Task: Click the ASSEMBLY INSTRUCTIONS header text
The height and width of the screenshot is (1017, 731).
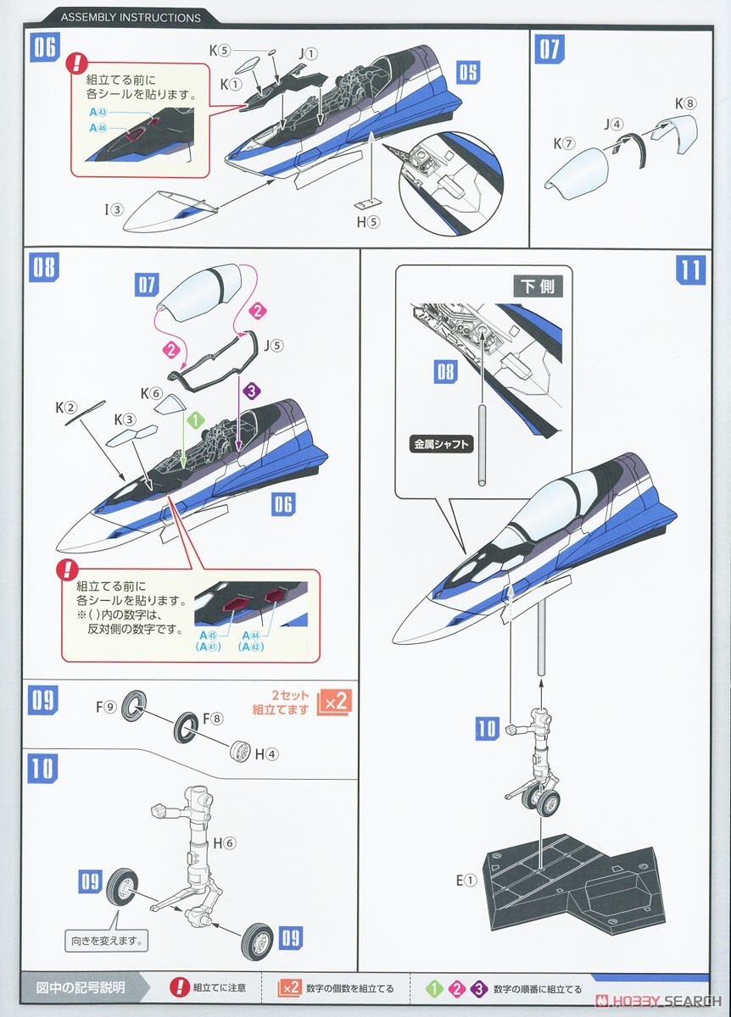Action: click(x=131, y=17)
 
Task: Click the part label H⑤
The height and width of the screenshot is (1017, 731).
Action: click(x=369, y=223)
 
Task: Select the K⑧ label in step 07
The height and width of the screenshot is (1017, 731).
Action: click(x=685, y=103)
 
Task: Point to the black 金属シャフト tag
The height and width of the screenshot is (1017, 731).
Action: click(x=441, y=443)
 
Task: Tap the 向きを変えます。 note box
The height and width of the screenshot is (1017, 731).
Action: click(x=106, y=940)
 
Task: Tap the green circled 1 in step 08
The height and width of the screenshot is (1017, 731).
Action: click(x=194, y=420)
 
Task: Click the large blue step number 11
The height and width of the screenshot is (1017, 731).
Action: click(x=691, y=270)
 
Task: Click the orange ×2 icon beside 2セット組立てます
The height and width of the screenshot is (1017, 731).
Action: click(x=332, y=703)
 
